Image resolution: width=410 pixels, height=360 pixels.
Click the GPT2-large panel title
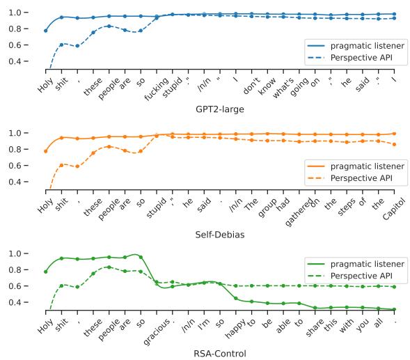tap(220, 110)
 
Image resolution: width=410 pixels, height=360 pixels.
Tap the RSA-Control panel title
tap(220, 353)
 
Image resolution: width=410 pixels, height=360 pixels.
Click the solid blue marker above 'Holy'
tap(46, 31)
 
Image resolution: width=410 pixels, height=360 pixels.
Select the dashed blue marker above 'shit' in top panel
tap(62, 45)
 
